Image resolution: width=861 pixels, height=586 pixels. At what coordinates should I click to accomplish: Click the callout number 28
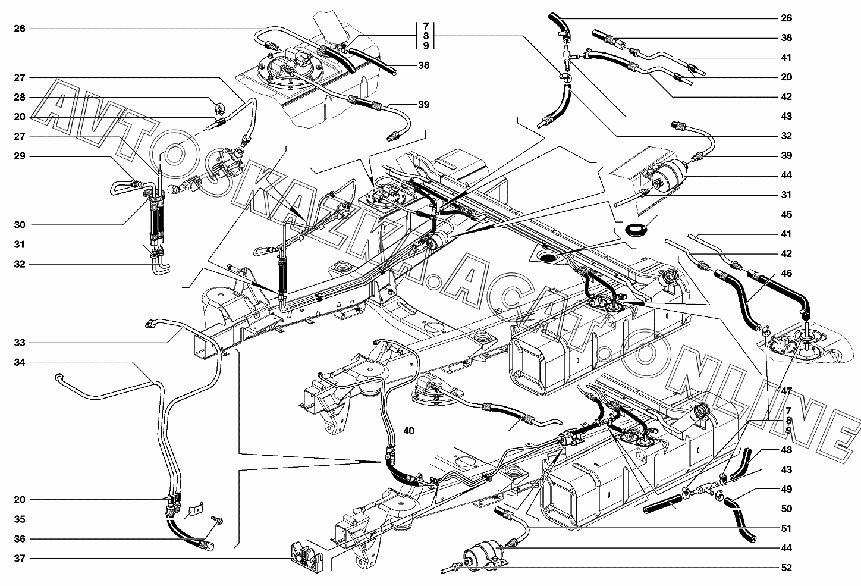click(20, 97)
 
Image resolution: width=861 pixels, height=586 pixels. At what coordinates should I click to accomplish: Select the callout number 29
click(20, 156)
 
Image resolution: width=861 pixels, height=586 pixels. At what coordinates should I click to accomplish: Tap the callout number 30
click(20, 225)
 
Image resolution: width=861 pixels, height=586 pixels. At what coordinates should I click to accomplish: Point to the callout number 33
click(20, 343)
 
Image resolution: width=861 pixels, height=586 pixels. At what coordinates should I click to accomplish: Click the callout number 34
click(20, 362)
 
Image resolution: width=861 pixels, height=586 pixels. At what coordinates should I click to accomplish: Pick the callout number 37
click(20, 559)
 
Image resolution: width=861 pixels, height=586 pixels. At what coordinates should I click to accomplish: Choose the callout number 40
click(408, 430)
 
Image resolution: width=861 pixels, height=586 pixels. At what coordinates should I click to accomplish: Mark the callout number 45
click(787, 214)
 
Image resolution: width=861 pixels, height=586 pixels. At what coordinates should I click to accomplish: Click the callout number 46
click(787, 273)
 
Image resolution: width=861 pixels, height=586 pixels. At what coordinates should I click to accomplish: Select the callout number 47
click(787, 391)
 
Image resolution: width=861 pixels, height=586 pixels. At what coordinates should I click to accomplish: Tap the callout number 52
click(787, 568)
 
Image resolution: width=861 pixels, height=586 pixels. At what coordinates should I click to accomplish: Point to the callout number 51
click(787, 528)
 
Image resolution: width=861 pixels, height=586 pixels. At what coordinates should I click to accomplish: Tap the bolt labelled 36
click(216, 521)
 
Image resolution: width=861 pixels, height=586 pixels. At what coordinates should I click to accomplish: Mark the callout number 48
click(787, 450)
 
